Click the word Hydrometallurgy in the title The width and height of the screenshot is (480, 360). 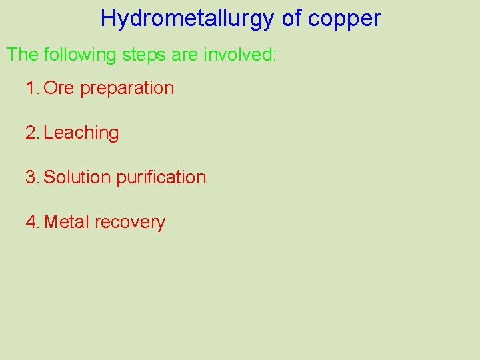pos(187,19)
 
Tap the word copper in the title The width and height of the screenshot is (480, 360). pos(345,19)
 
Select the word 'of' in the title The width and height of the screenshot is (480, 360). pos(291,19)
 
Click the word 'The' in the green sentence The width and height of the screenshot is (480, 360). pos(23,55)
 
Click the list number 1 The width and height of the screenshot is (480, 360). pos(31,88)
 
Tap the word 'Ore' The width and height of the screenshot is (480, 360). pos(59,88)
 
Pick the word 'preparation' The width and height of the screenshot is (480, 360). pos(127,89)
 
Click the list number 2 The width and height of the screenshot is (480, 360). pos(31,133)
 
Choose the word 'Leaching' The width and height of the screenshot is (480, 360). pos(81,133)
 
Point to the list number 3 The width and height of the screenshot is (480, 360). pos(31,177)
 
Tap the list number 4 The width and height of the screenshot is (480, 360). pos(31,222)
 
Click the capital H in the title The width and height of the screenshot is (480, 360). pos(108,19)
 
